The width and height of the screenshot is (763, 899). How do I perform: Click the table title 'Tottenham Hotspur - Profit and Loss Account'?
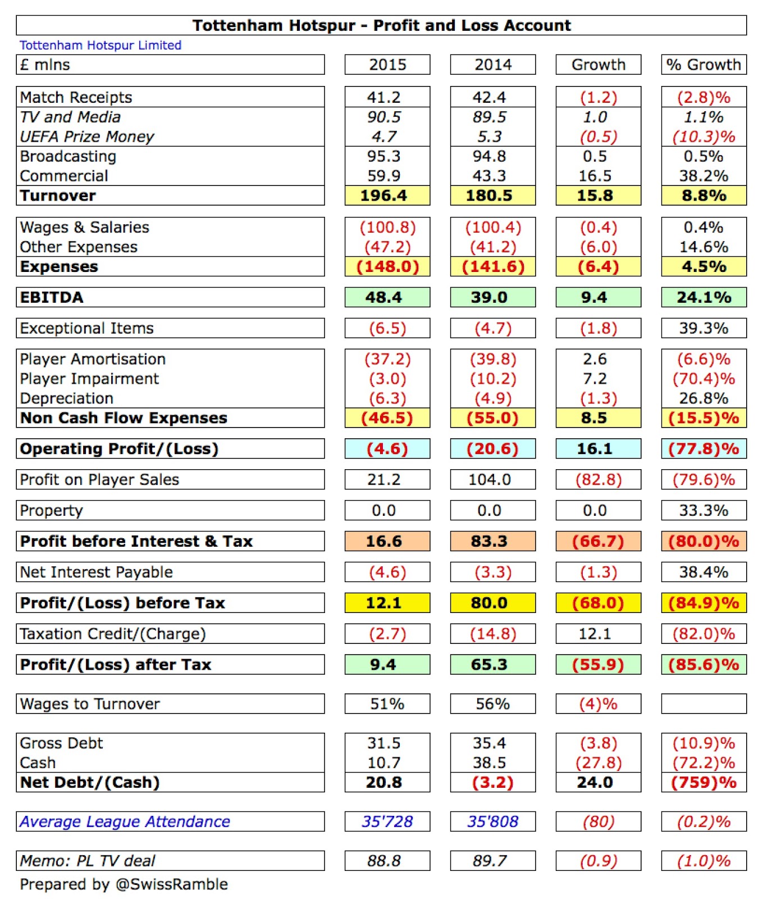pyautogui.click(x=381, y=25)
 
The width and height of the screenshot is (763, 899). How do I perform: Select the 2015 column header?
pyautogui.click(x=387, y=65)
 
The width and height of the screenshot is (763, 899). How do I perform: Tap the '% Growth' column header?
pyautogui.click(x=703, y=65)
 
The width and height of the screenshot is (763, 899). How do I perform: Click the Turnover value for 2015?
pyautogui.click(x=387, y=196)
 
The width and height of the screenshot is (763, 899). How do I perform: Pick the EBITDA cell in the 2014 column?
pyautogui.click(x=492, y=297)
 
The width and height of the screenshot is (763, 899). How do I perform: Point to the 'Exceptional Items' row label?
pyautogui.click(x=87, y=328)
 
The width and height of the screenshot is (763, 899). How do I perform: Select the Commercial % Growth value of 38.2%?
pyautogui.click(x=703, y=176)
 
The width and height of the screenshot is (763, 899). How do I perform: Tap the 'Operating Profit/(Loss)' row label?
pyautogui.click(x=119, y=448)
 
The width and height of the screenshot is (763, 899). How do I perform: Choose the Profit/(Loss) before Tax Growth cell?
pyautogui.click(x=598, y=603)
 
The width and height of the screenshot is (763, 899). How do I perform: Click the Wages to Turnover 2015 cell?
pyautogui.click(x=387, y=703)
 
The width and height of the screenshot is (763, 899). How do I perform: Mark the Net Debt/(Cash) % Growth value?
pyautogui.click(x=703, y=782)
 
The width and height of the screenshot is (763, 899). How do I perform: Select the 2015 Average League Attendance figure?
pyautogui.click(x=387, y=821)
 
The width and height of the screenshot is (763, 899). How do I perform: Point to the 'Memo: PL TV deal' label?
pyautogui.click(x=88, y=861)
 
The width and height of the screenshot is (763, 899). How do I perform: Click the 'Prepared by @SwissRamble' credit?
pyautogui.click(x=124, y=884)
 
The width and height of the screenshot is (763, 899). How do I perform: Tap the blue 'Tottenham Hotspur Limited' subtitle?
pyautogui.click(x=100, y=45)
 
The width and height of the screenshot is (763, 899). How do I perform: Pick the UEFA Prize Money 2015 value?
pyautogui.click(x=384, y=137)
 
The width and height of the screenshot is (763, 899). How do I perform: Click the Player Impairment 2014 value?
pyautogui.click(x=492, y=379)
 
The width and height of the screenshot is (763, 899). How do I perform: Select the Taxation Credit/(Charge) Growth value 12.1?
pyautogui.click(x=595, y=634)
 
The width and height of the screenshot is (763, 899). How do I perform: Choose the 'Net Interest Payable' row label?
pyautogui.click(x=97, y=572)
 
